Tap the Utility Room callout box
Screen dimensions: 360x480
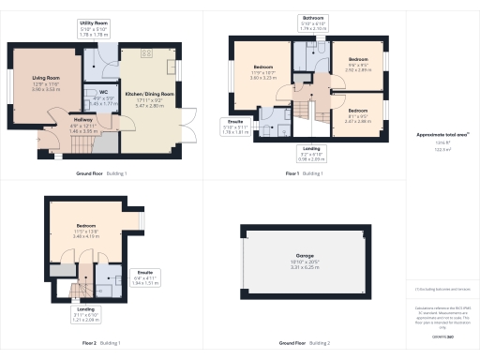[93, 26]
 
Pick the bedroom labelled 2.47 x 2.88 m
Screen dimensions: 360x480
[359, 118]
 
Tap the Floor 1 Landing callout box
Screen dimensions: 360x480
[309, 153]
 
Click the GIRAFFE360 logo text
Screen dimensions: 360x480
[442, 335]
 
